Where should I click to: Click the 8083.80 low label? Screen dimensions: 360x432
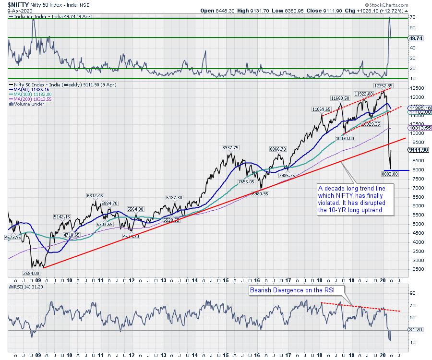click(389, 173)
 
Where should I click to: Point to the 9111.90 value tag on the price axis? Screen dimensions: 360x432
click(419, 150)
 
